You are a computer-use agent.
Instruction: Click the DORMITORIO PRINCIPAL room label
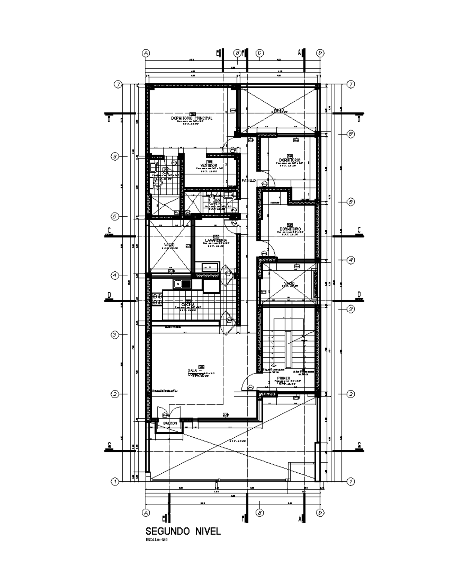pos(192,118)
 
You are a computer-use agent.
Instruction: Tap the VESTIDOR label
pos(208,165)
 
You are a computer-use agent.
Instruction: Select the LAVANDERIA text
pos(215,240)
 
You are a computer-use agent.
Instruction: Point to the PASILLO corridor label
pos(249,181)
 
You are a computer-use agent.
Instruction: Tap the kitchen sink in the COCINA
pos(182,284)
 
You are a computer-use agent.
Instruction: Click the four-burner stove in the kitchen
pos(157,299)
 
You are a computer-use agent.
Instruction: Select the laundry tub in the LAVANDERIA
pos(210,267)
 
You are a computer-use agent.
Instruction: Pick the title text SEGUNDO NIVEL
pos(183,531)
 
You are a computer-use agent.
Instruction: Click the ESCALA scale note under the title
pos(156,540)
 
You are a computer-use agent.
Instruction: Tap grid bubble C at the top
pos(259,53)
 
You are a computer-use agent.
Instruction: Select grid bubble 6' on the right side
pos(351,134)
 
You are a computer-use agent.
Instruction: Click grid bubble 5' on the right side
pos(351,202)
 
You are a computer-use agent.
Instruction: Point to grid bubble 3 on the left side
pos(115,334)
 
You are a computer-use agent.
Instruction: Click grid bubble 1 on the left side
pos(115,481)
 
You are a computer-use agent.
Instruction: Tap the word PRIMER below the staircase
pos(283,378)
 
